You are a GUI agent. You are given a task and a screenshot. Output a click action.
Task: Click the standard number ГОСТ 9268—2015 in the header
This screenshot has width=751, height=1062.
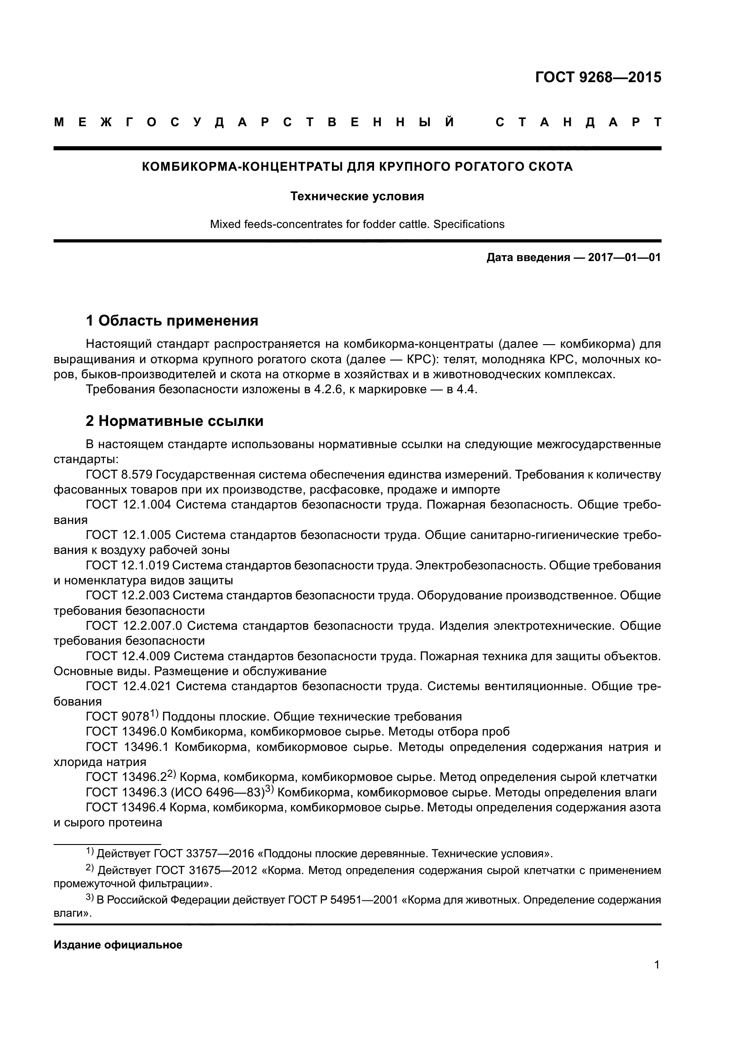598,77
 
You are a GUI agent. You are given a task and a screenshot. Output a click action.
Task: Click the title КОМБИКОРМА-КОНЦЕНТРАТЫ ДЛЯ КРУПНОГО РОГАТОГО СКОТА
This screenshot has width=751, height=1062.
357,167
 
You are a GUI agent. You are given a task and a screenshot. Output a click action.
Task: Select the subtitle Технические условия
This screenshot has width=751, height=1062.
357,197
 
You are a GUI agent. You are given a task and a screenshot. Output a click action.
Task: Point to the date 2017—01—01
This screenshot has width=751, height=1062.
624,257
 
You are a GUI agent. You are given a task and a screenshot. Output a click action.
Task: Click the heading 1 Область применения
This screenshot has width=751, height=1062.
172,321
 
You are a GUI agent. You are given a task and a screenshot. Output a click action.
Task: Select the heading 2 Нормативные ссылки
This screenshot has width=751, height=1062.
175,421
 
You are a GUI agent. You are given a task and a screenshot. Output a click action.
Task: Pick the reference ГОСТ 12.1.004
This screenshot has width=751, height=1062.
128,505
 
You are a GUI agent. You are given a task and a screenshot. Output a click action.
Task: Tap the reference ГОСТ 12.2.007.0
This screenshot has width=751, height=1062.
134,626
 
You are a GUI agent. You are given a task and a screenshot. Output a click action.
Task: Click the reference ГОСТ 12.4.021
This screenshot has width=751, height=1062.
128,687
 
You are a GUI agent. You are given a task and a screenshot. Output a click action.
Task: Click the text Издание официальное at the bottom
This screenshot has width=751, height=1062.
118,945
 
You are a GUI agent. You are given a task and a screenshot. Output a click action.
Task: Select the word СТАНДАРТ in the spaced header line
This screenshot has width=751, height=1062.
578,123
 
